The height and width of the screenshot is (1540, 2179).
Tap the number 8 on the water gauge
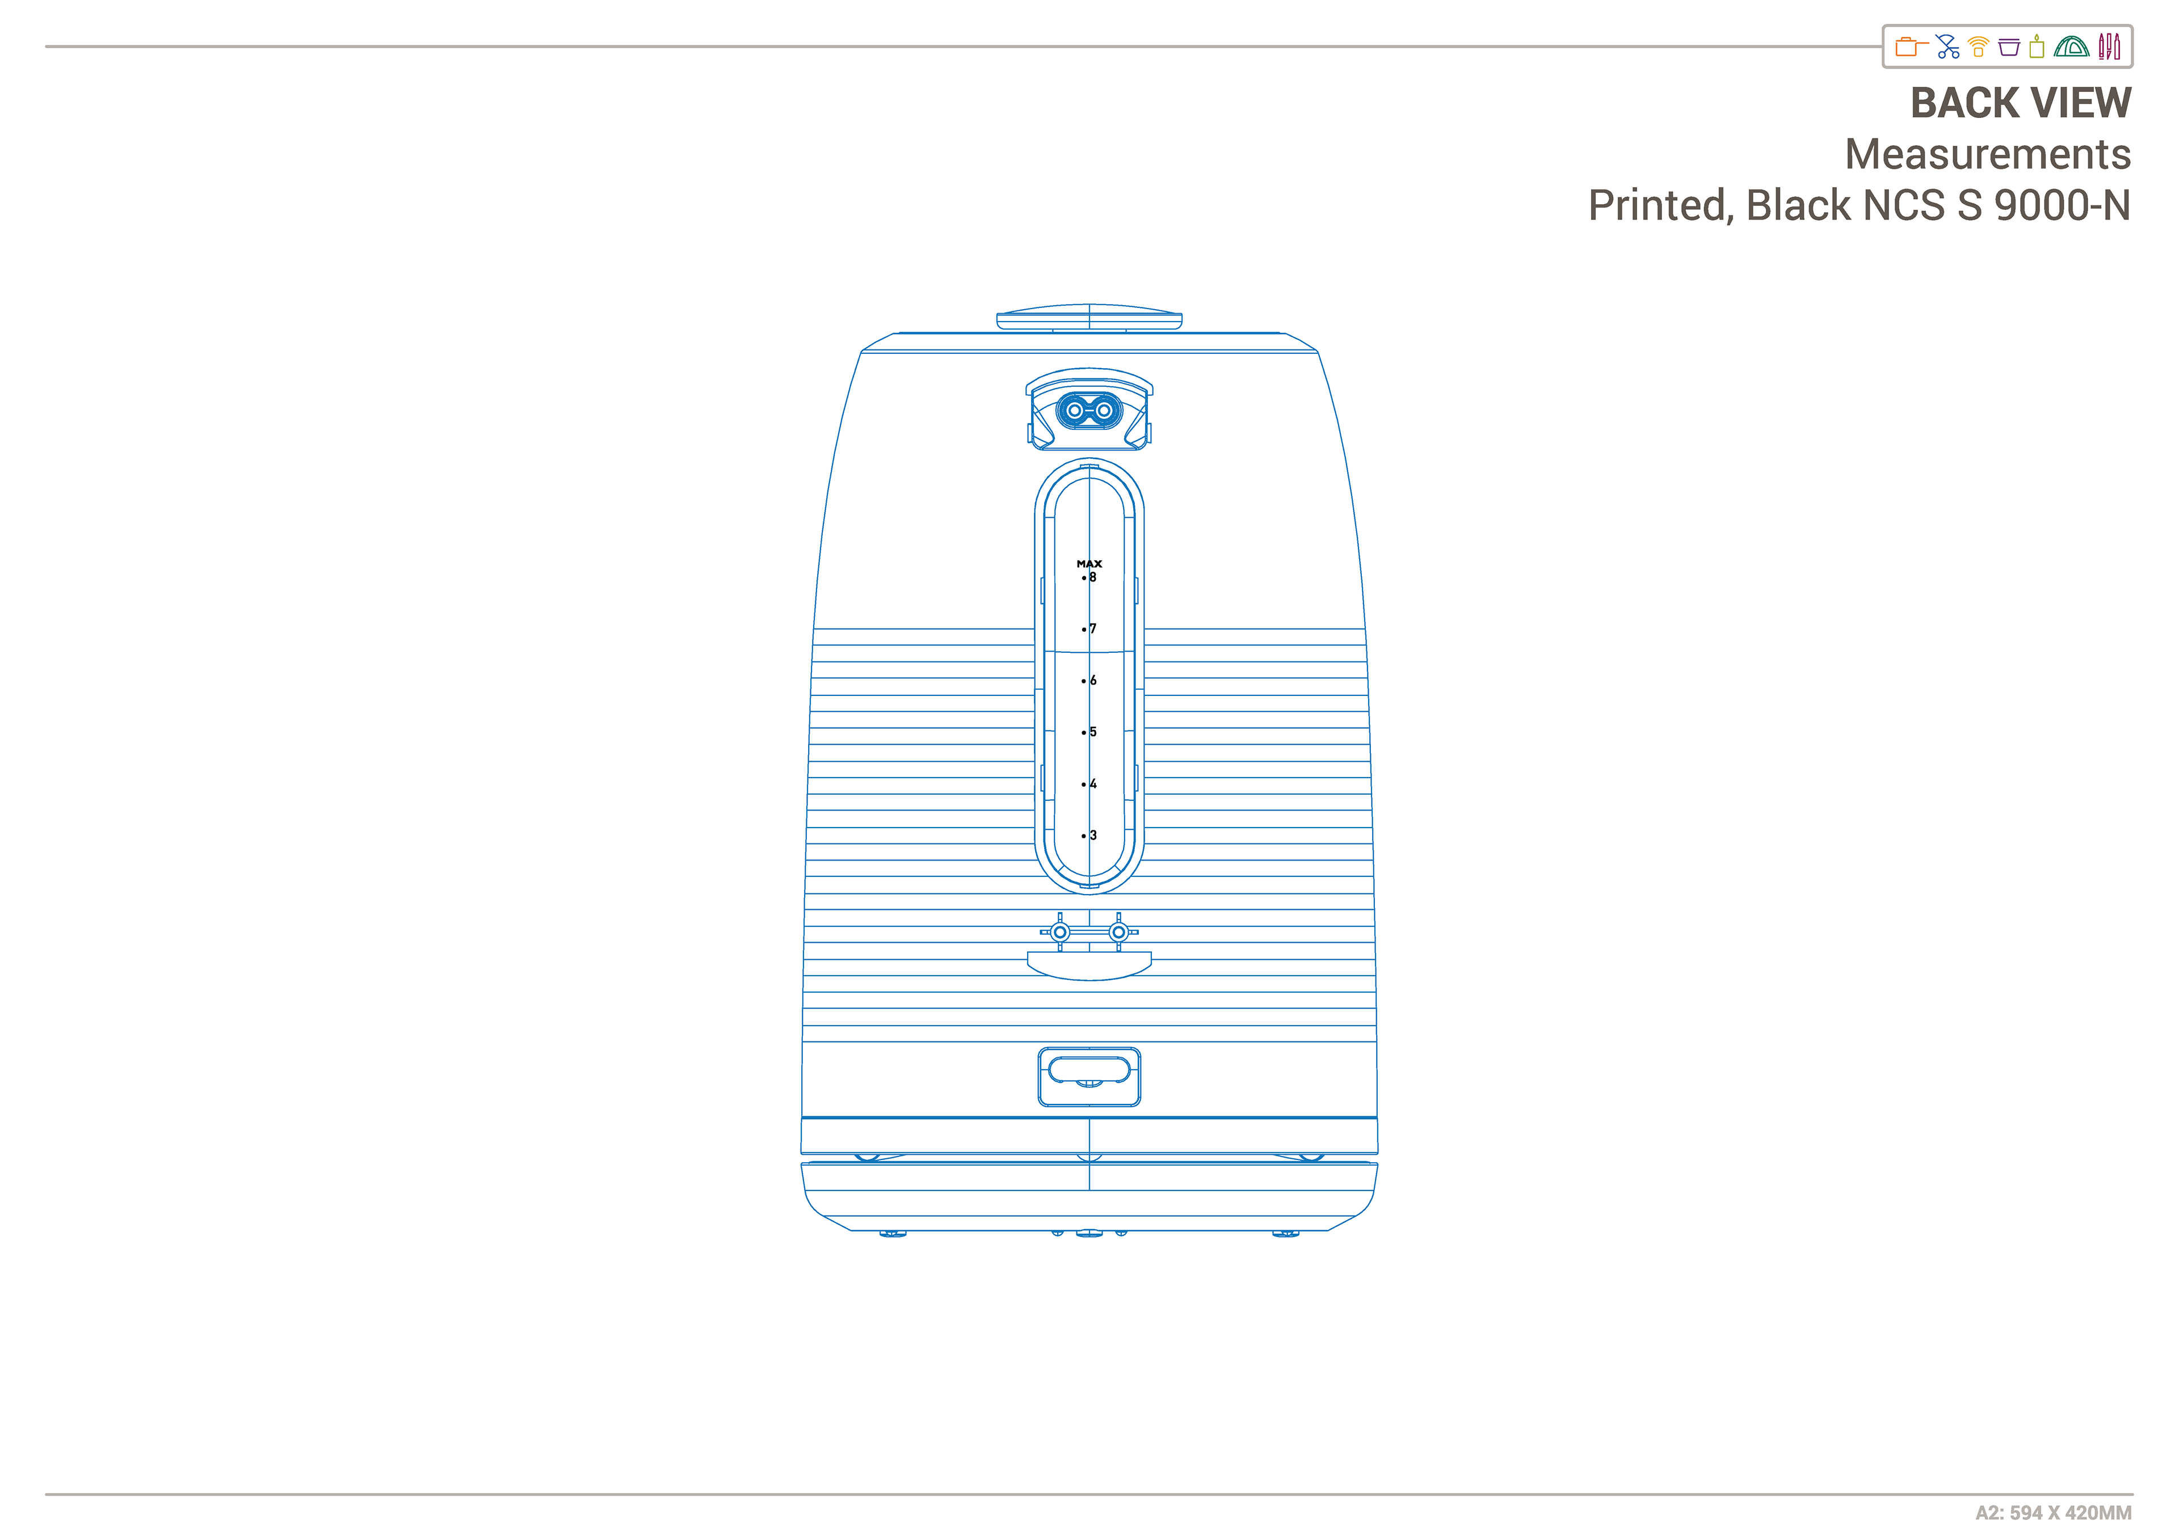click(x=1092, y=577)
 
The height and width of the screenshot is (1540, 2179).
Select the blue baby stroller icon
click(x=1947, y=47)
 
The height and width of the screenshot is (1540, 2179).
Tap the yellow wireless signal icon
click(x=1979, y=47)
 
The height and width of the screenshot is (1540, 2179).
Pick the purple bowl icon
click(x=2008, y=47)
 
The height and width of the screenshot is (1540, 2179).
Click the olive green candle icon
click(x=2037, y=47)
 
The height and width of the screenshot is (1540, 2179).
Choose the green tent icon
click(x=2071, y=47)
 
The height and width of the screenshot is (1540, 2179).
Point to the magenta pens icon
click(x=2109, y=47)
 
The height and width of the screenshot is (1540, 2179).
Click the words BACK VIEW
click(x=2021, y=103)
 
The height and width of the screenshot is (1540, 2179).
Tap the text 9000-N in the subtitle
click(x=2062, y=205)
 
